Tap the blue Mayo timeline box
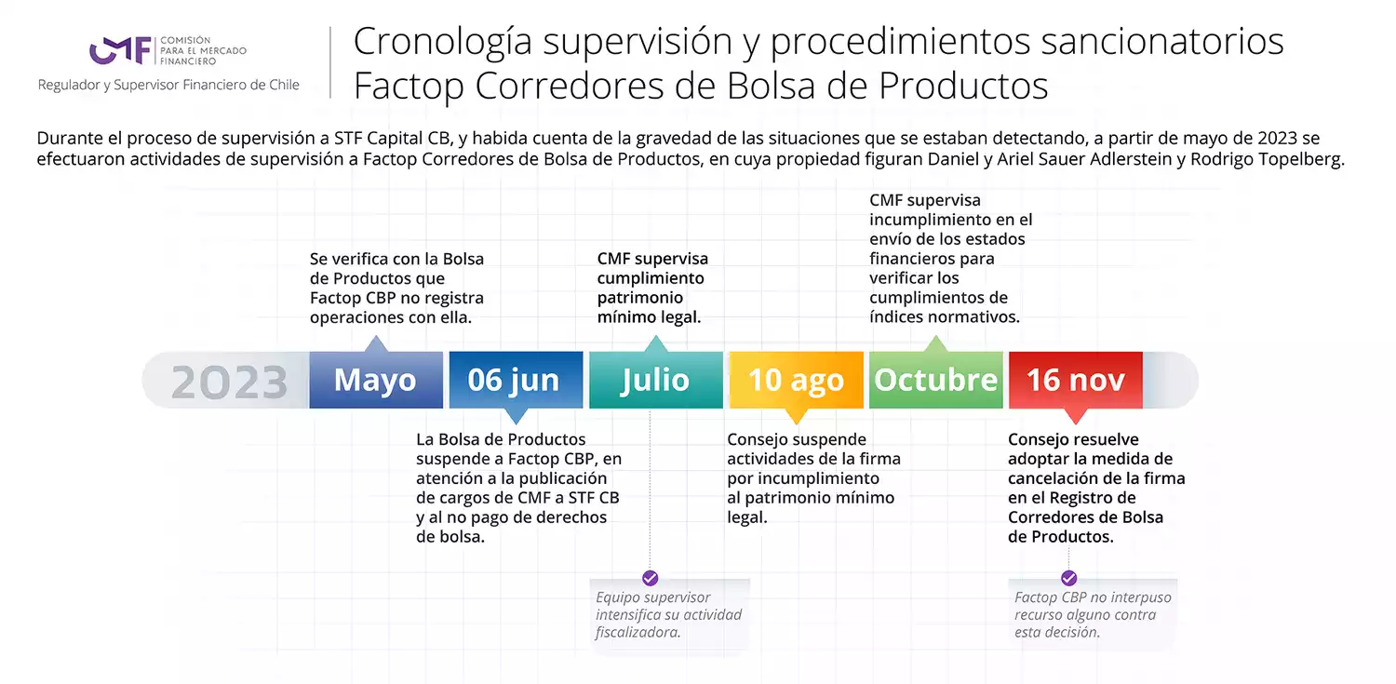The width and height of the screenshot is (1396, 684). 376,380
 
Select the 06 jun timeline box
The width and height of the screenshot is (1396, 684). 516,380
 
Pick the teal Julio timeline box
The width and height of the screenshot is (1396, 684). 655,380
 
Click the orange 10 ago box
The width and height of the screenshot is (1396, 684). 796,380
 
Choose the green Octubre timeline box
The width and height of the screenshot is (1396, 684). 936,380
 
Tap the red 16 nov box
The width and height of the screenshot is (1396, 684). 1076,380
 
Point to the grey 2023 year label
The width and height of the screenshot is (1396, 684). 229,382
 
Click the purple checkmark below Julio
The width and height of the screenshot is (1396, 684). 650,578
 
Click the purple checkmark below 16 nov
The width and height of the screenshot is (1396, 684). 1068,578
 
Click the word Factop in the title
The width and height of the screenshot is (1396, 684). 409,86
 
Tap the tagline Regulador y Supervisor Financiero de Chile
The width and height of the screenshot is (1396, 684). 168,85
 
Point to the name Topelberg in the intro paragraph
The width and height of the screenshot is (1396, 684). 1299,159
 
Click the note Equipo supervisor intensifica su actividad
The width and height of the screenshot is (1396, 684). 669,615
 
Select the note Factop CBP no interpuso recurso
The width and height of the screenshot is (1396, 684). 1093,615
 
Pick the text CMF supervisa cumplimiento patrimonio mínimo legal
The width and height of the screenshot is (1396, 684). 651,288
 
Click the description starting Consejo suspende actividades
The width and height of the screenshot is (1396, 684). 814,478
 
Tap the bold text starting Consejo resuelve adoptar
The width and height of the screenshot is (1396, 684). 1096,488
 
